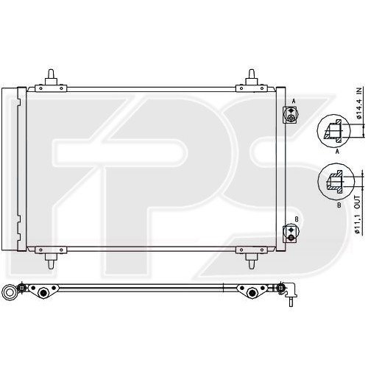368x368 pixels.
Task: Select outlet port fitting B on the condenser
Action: [291, 232]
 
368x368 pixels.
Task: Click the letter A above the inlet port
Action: [294, 101]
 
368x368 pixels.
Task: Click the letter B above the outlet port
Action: [295, 219]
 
